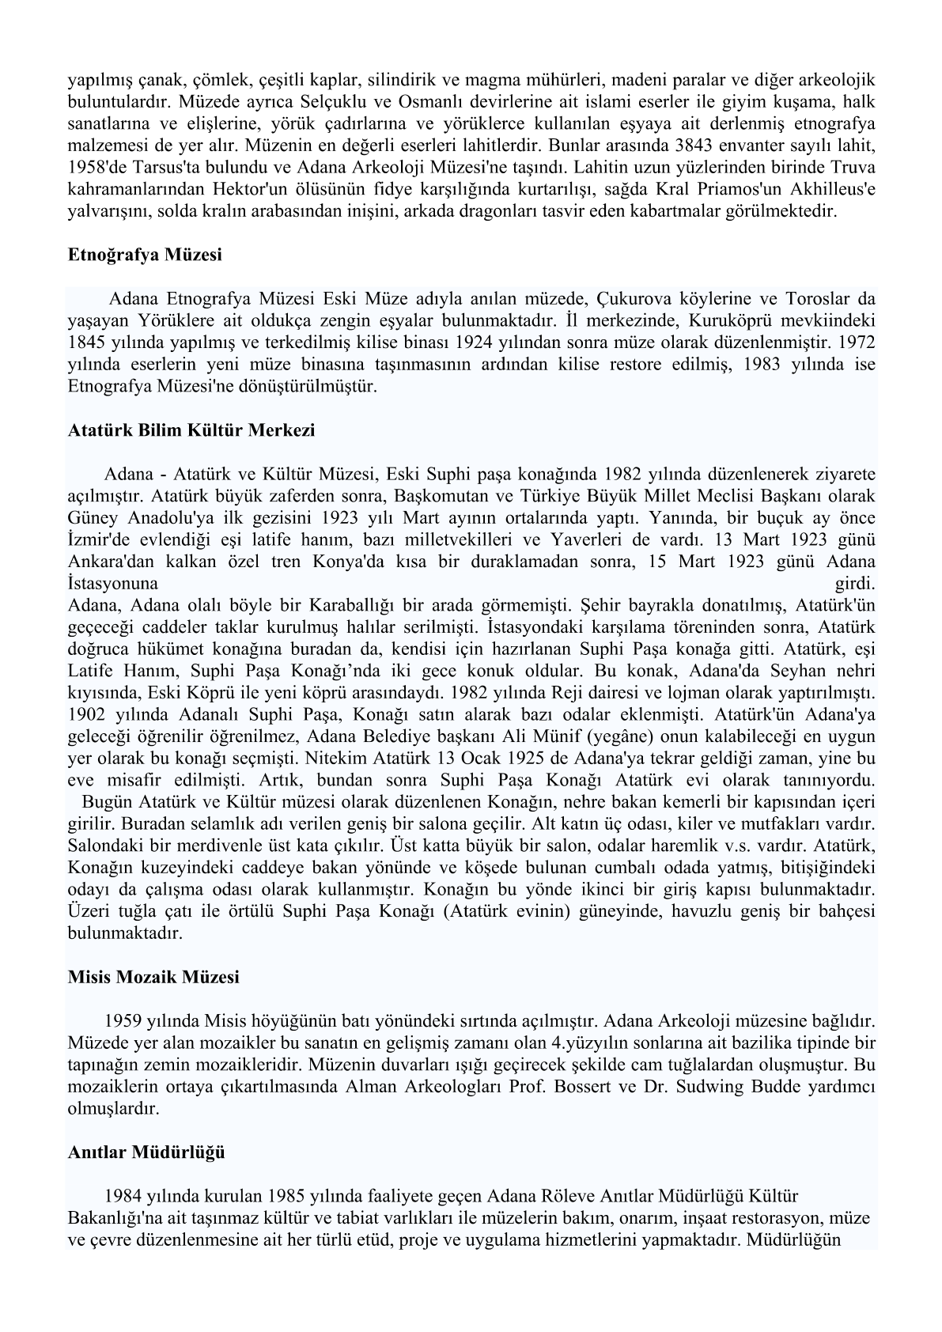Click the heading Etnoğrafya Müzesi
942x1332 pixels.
click(145, 255)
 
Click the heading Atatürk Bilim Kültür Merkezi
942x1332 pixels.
click(191, 431)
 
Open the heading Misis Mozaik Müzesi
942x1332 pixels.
click(153, 977)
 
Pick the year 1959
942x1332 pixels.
click(123, 1020)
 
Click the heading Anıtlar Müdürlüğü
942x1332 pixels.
click(146, 1152)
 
